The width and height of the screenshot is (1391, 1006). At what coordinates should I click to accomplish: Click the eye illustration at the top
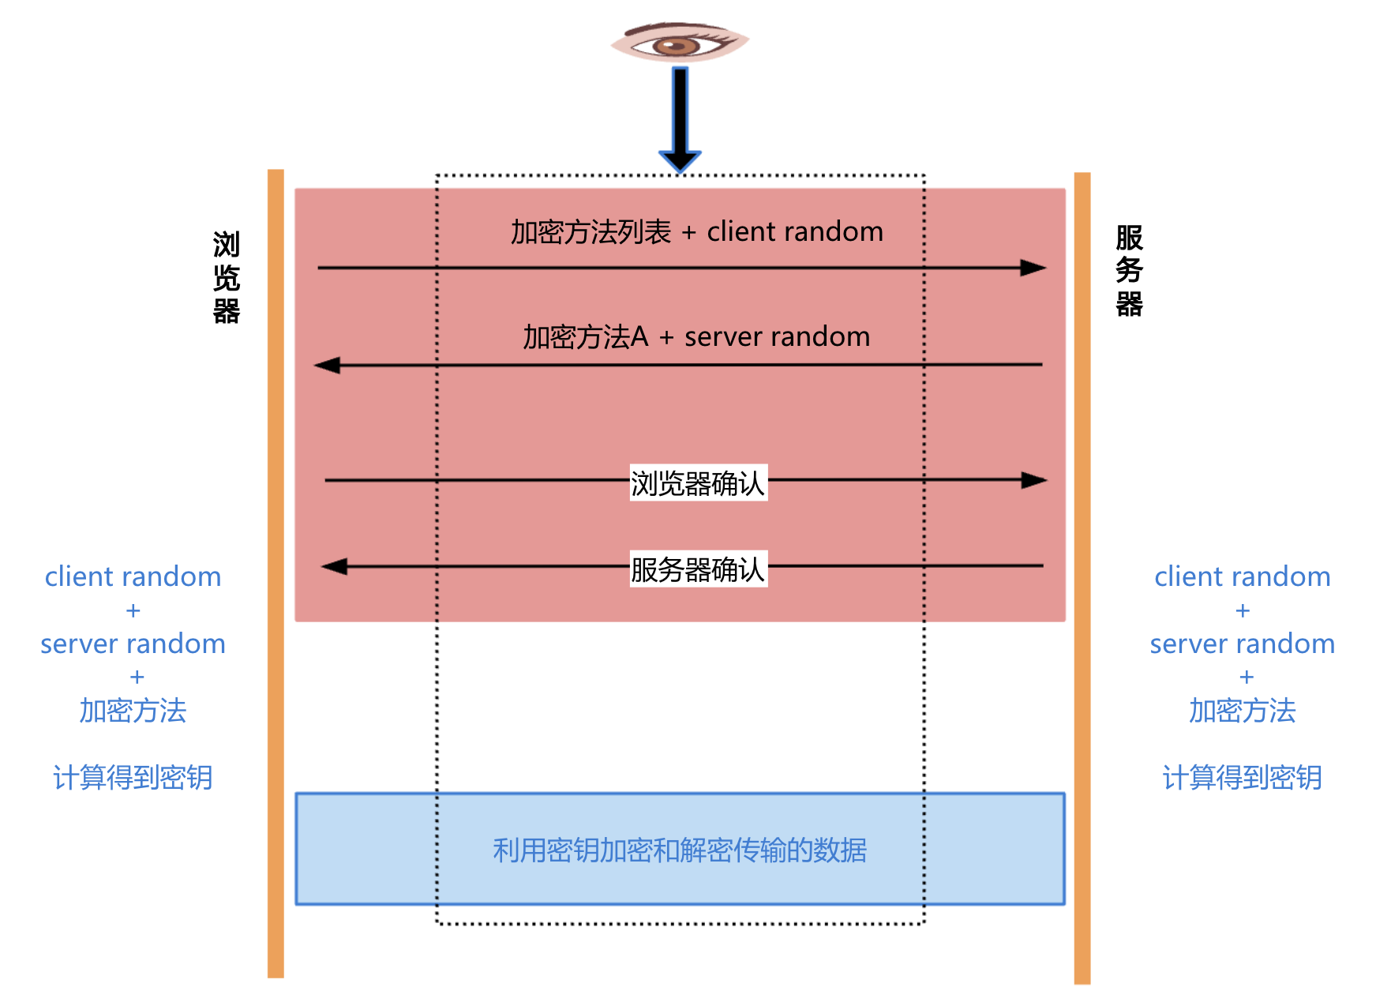point(679,43)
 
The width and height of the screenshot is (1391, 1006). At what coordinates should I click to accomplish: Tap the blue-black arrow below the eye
point(680,118)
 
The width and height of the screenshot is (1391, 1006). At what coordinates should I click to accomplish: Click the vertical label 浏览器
point(226,278)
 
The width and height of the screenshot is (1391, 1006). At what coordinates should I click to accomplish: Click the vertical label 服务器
point(1129,271)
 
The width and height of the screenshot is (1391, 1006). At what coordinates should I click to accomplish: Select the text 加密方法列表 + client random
point(696,232)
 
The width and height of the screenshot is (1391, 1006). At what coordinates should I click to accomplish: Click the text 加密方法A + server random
point(696,337)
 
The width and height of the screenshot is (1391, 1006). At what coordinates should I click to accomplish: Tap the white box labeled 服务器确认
point(698,569)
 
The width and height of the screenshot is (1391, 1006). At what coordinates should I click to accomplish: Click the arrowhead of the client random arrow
point(1033,268)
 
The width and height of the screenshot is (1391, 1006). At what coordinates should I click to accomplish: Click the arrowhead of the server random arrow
point(327,366)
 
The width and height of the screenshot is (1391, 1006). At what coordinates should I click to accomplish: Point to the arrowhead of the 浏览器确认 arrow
point(1033,480)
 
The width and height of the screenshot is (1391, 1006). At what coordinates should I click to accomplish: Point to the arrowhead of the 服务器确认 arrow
point(335,566)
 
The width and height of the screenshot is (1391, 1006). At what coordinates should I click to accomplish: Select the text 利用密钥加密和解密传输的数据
point(680,850)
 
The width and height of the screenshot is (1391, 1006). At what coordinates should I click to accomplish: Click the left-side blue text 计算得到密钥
point(133,778)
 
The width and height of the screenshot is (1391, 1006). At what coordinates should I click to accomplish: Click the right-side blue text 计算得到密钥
point(1242,778)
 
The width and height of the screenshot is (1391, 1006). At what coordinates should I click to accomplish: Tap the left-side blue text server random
point(133,644)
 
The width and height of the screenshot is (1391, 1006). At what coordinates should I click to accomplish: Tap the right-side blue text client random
point(1242,577)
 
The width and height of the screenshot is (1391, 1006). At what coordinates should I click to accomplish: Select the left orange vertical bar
point(276,573)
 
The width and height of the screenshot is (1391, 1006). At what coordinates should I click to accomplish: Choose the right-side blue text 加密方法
point(1242,711)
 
